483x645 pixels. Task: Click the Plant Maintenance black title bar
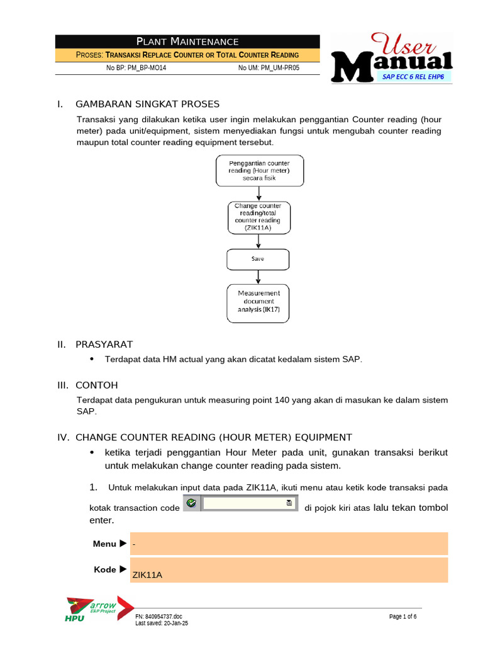coord(187,42)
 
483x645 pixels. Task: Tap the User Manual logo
coord(392,58)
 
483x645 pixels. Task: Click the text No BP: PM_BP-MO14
coord(136,68)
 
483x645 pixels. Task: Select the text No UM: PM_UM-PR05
coord(269,68)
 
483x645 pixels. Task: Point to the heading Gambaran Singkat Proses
coord(147,104)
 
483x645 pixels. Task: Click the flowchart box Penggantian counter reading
coord(259,171)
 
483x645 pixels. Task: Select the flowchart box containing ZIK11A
coord(258,217)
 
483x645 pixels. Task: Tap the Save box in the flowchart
coord(258,259)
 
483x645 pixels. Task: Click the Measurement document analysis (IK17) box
coord(258,304)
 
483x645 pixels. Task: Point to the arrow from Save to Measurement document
coord(258,277)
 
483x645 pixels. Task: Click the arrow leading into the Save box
coord(258,241)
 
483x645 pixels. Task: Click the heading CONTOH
coord(96,385)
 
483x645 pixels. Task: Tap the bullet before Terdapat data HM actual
coord(92,358)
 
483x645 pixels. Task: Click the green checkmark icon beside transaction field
coord(192,503)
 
